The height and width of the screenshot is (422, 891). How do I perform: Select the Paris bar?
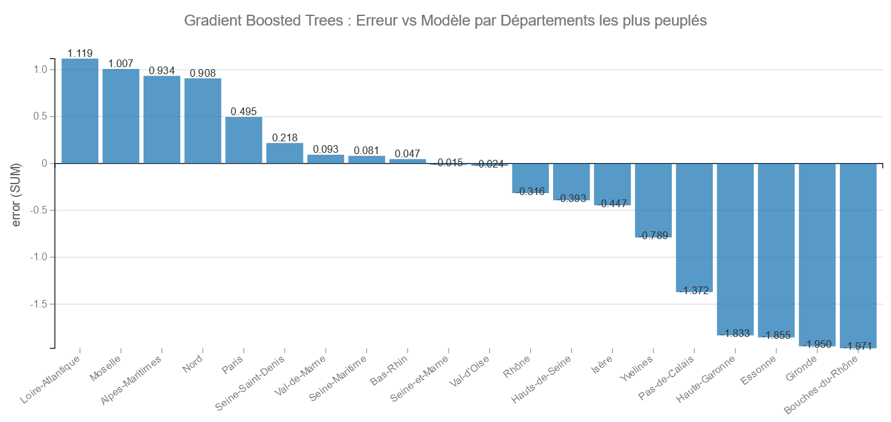coord(243,140)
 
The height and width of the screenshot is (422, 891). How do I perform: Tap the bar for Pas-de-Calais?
coord(694,228)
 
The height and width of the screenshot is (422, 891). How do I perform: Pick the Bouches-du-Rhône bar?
coord(858,256)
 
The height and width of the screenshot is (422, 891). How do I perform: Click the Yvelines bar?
coord(653,200)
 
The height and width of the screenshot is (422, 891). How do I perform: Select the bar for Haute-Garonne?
coord(735,249)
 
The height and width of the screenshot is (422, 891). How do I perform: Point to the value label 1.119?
coord(80,54)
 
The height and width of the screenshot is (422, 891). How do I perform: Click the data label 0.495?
coord(243,112)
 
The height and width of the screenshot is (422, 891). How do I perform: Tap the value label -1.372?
coord(694,291)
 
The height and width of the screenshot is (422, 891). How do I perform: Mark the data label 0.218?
coord(284,138)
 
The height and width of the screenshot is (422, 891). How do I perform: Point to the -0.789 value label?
coord(653,236)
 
